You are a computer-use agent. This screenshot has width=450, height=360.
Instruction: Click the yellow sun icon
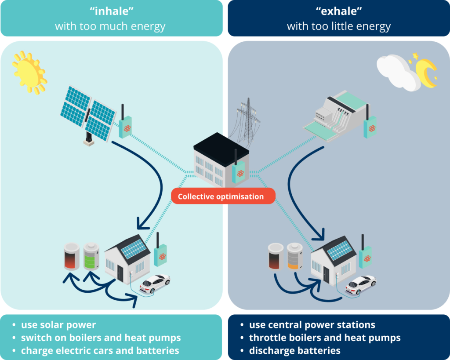(29, 72)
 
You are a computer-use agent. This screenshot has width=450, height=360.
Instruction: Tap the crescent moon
(425, 71)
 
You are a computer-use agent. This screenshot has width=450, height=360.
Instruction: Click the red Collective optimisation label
(223, 196)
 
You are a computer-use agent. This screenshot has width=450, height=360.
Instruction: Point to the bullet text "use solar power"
(58, 325)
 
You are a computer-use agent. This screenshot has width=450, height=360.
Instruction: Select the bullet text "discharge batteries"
(294, 350)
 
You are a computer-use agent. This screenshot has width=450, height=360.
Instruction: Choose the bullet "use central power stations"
(312, 325)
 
